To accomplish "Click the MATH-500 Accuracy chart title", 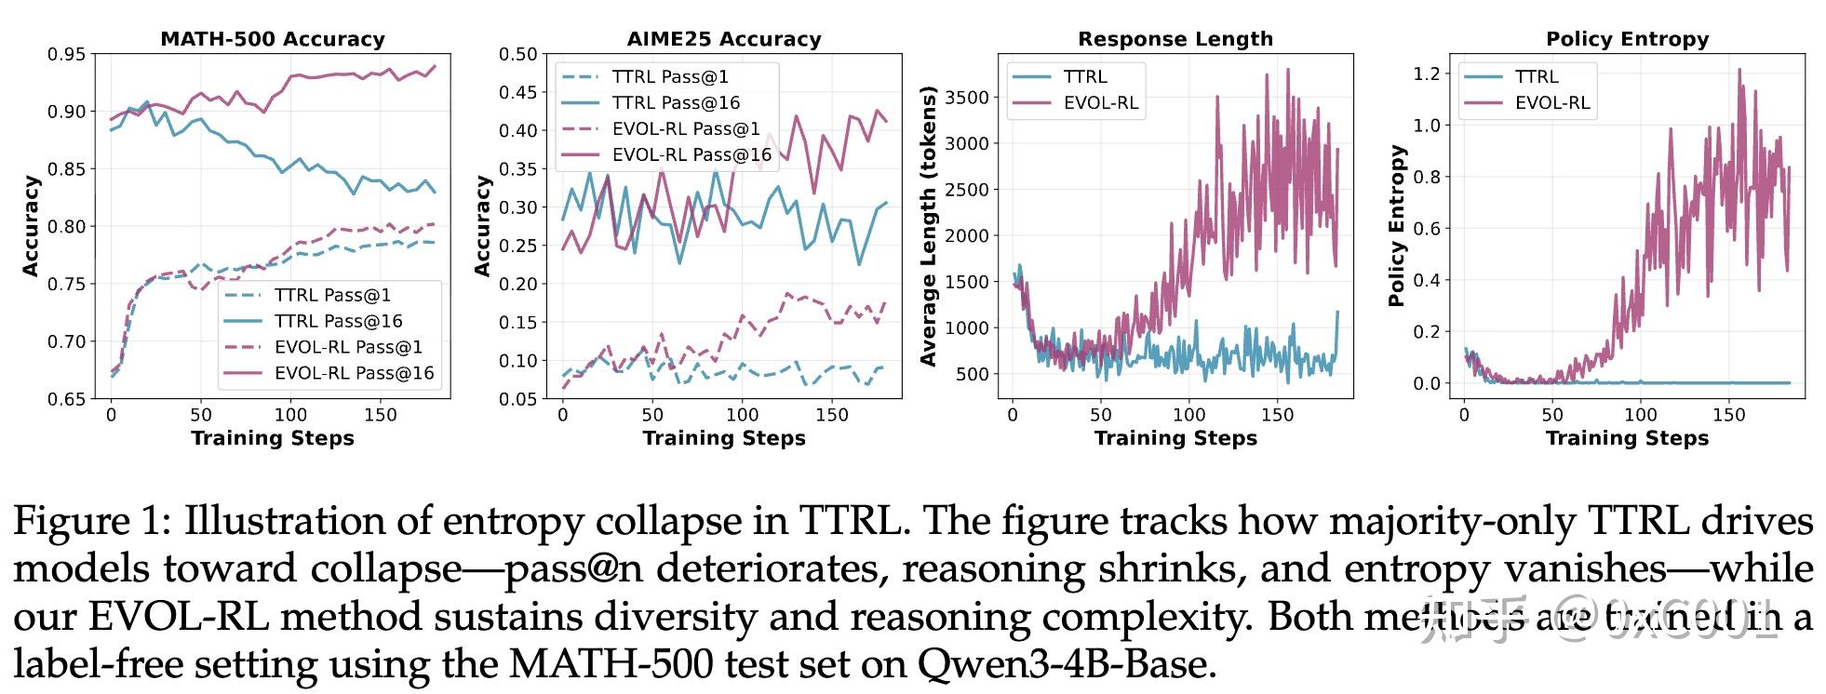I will point(273,39).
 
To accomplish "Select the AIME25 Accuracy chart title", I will point(724,39).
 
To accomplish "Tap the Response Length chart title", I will point(1175,39).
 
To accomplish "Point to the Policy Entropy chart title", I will point(1627,39).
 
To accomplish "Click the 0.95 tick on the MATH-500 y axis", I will point(66,54).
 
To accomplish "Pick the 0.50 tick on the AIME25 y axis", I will point(517,54).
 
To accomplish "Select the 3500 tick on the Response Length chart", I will point(967,98).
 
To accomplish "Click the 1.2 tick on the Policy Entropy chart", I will point(1426,73).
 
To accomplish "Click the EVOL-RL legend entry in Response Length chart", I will point(1101,102).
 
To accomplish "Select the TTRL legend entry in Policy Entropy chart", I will point(1536,77).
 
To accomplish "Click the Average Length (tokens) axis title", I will point(928,226).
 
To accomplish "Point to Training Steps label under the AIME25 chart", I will point(724,438).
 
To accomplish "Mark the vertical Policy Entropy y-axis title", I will point(1396,226).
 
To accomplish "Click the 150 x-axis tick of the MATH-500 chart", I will point(381,415).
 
